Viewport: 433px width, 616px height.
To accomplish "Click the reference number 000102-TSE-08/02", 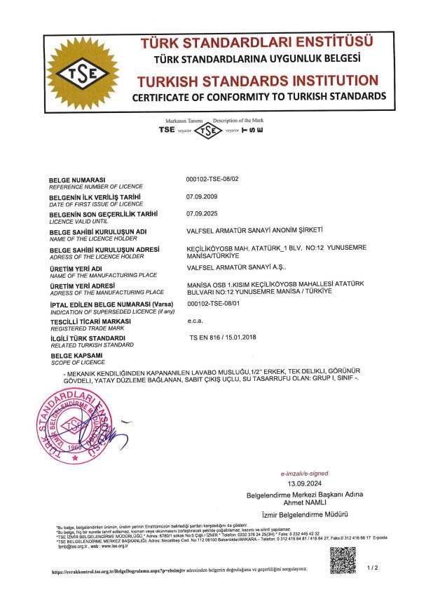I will click(213, 180).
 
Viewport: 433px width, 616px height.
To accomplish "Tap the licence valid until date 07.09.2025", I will click(200, 212).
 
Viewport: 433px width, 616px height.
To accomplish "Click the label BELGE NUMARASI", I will click(76, 180).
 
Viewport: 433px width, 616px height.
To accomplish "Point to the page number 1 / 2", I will click(372, 568).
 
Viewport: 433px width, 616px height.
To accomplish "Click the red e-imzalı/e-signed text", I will click(304, 474).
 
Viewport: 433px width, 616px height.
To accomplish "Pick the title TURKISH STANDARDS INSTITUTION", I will click(257, 80).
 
